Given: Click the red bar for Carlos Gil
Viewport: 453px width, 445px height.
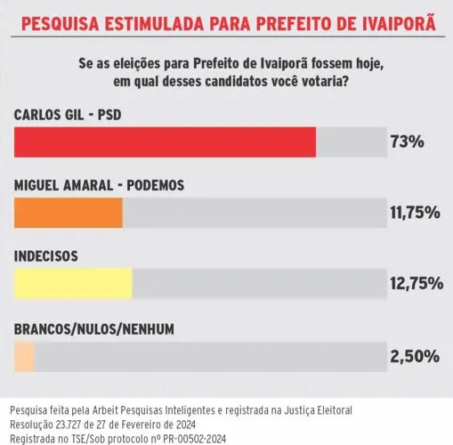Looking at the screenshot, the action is [x=165, y=142].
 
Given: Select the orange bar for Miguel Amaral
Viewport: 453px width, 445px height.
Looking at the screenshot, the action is [x=69, y=213].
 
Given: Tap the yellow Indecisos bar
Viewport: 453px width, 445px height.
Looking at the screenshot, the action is [x=73, y=284].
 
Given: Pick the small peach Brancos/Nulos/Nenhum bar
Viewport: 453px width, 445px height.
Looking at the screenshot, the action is [x=24, y=357].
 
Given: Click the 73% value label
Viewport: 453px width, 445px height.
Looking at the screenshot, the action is [x=408, y=142].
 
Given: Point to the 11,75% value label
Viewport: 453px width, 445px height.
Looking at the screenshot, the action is [x=415, y=213].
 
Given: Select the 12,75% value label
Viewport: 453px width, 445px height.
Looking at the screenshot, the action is [x=417, y=283].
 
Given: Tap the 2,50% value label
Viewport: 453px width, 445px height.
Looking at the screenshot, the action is [x=415, y=356].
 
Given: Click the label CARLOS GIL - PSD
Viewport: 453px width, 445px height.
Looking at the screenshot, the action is [x=68, y=115].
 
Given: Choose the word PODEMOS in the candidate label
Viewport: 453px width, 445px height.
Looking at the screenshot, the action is [x=156, y=185].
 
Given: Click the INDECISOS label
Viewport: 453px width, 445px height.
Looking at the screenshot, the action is [x=46, y=256].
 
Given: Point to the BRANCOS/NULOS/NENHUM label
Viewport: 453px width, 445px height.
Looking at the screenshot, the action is [x=94, y=329].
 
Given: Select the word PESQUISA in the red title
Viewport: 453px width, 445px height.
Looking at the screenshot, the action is [x=61, y=24].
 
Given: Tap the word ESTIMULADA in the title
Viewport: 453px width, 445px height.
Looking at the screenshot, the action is [x=154, y=24].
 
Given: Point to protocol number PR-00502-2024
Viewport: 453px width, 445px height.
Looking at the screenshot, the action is [x=195, y=439].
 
